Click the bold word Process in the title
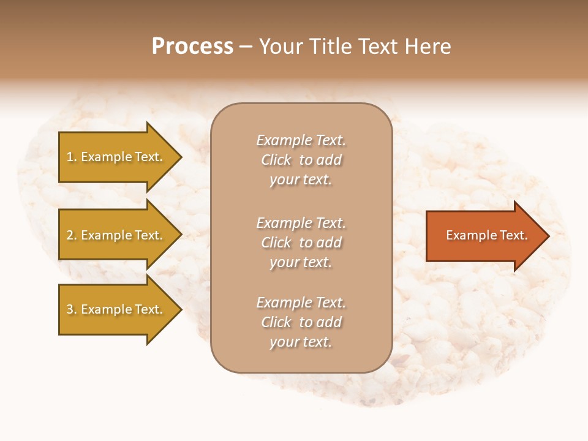point(192,47)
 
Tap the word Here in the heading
point(428,47)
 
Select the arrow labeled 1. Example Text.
point(116,157)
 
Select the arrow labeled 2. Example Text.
point(116,235)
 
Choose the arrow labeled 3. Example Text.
point(116,309)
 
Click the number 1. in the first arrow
point(72,157)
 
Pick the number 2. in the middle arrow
point(72,235)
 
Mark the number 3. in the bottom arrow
point(72,309)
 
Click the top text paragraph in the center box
point(301,160)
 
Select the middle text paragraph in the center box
point(301,243)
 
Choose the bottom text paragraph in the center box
point(301,322)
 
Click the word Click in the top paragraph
point(276,160)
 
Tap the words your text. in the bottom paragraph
point(301,342)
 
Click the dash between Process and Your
point(246,47)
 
